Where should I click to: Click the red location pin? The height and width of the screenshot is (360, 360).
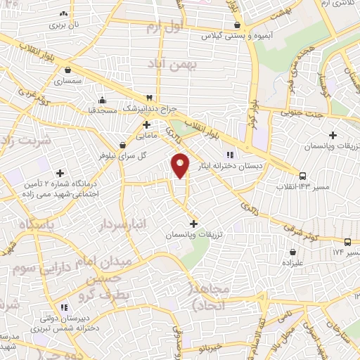click(x=181, y=165)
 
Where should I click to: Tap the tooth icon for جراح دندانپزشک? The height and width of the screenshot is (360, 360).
click(x=148, y=98)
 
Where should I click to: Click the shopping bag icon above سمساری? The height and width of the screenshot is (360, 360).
click(x=67, y=70)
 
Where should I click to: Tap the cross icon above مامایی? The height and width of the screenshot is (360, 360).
click(x=146, y=124)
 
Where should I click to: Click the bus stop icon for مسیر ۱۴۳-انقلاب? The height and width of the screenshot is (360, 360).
click(x=302, y=176)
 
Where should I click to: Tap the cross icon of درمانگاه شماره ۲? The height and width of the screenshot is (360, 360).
click(x=60, y=172)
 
